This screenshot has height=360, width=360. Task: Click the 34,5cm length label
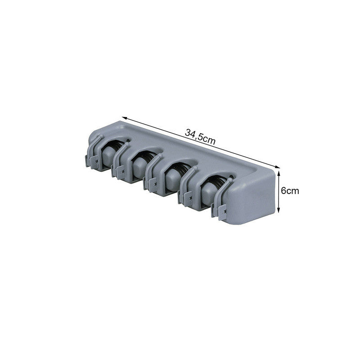tap(200, 137)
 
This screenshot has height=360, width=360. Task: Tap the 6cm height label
tap(290, 191)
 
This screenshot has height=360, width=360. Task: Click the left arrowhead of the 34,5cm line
tap(124, 118)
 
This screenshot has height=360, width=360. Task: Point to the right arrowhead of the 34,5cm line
tap(277, 167)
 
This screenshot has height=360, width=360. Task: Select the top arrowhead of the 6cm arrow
tap(279, 173)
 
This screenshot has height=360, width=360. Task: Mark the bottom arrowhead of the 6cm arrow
tap(279, 210)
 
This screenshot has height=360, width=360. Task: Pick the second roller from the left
tap(139, 165)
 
